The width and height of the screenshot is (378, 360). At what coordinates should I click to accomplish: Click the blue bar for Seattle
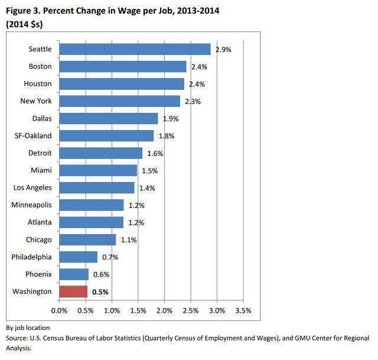(x=135, y=49)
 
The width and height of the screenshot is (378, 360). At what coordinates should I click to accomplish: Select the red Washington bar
(x=73, y=291)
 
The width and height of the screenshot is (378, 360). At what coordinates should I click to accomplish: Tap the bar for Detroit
(x=101, y=153)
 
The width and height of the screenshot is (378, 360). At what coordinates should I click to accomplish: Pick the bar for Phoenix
(x=74, y=274)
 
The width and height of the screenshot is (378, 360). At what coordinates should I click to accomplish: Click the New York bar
(x=120, y=101)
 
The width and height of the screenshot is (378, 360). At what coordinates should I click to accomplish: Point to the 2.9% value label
(x=223, y=50)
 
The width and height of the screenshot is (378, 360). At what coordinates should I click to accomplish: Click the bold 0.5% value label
(x=100, y=292)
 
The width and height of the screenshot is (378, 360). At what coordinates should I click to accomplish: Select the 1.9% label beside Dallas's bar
(x=170, y=119)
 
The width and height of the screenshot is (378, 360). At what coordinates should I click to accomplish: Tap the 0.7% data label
(x=110, y=257)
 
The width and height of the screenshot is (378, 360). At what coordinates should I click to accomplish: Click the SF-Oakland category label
(x=33, y=136)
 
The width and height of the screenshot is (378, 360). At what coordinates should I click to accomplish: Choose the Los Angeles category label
(x=32, y=188)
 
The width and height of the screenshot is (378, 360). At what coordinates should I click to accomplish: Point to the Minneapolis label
(x=32, y=205)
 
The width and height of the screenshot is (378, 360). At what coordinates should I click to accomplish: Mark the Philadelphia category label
(x=32, y=257)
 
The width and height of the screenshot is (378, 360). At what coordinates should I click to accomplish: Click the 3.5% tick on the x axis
(x=243, y=310)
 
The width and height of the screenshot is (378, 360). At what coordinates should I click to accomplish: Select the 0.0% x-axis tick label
(x=60, y=310)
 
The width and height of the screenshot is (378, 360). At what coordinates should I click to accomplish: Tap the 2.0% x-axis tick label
(x=165, y=310)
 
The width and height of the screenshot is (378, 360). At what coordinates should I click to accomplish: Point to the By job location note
(x=28, y=327)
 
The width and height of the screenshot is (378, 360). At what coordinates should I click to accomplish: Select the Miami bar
(x=98, y=171)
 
